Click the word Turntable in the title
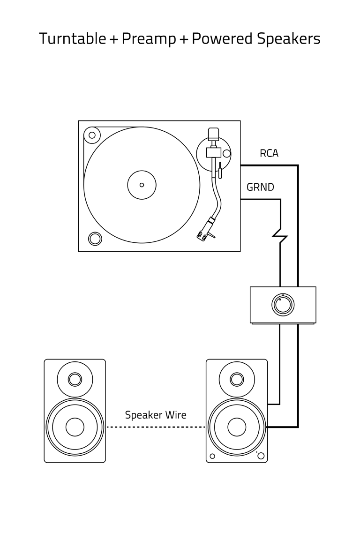pyautogui.click(x=73, y=38)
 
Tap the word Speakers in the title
pyautogui.click(x=288, y=38)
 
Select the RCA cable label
pyautogui.click(x=269, y=153)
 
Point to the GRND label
pyautogui.click(x=260, y=187)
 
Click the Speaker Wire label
pyautogui.click(x=155, y=415)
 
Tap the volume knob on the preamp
pyautogui.click(x=283, y=305)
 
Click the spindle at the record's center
pyautogui.click(x=142, y=185)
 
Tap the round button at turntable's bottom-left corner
pyautogui.click(x=95, y=239)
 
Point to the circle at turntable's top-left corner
pyautogui.click(x=92, y=135)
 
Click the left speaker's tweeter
pyautogui.click(x=75, y=379)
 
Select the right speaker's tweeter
pyautogui.click(x=237, y=379)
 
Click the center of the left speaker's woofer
pyautogui.click(x=75, y=427)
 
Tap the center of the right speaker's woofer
pyautogui.click(x=237, y=427)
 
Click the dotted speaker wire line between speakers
pyautogui.click(x=156, y=427)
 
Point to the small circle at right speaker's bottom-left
pyautogui.click(x=212, y=456)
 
